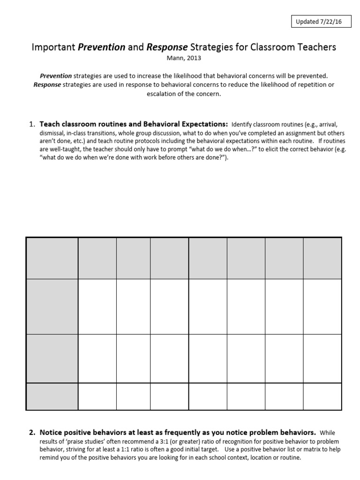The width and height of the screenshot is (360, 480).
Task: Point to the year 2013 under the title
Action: (189, 59)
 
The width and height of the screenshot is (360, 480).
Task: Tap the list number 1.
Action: (32, 124)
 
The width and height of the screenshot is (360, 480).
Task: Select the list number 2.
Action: (32, 432)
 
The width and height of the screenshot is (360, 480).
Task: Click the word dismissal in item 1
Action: (52, 133)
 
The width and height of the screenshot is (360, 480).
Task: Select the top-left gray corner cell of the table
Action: (52, 258)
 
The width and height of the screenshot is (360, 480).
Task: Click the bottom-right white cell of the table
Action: (322, 397)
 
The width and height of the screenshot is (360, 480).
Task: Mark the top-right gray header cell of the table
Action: (322, 258)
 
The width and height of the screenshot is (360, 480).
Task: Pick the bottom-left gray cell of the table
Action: (52, 397)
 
